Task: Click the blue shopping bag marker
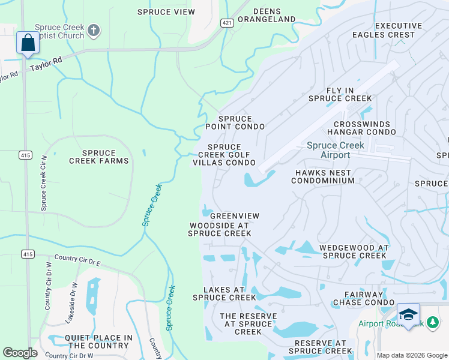point(28,43)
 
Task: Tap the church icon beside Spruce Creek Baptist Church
point(93,30)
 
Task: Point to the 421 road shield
point(226,23)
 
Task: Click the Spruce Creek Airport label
point(335,150)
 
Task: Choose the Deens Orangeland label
point(267,15)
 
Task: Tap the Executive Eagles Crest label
point(395,30)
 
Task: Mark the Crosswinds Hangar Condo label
point(362,128)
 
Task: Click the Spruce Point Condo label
point(235,123)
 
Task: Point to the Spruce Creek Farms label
point(99,157)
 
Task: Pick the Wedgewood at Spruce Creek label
point(354,251)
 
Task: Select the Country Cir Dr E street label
point(77,260)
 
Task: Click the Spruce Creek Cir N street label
point(43,182)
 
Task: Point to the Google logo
point(20,353)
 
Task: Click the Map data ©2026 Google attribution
point(411,355)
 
